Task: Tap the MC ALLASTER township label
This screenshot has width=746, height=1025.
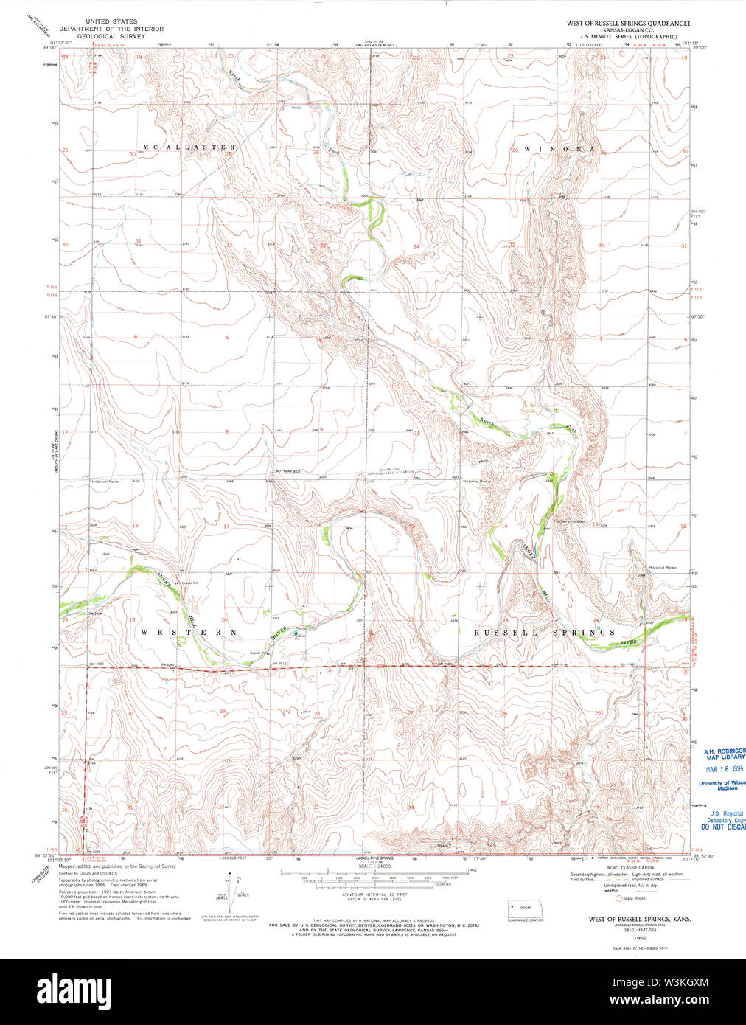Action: (189, 147)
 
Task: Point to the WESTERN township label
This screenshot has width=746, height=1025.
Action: (189, 632)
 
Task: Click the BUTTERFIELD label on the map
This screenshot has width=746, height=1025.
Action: (290, 470)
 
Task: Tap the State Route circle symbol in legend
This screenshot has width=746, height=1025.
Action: (619, 898)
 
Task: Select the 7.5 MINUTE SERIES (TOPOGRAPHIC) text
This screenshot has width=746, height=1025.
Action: (628, 35)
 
